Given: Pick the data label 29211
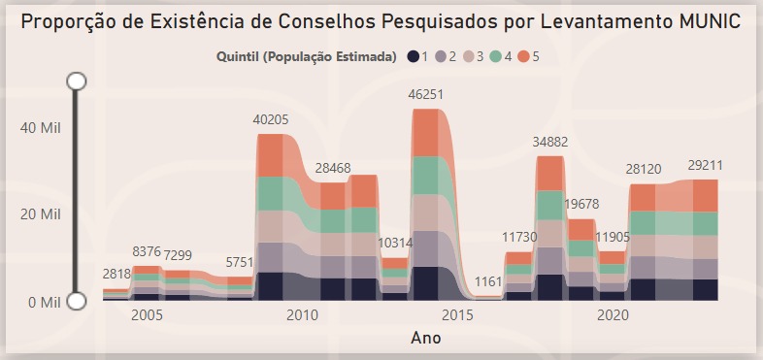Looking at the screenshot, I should coord(693,165).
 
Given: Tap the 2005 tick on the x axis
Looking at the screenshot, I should coord(147,315).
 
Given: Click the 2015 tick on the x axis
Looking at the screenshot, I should coord(456,315).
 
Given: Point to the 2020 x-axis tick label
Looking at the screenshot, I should coord(612,315).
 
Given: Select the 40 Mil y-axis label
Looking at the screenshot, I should coord(42,127).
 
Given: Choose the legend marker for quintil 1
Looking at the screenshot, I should coord(414,57).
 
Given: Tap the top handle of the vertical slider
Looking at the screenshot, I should coord(77,81).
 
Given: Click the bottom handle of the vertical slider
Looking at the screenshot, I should coord(77,302).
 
